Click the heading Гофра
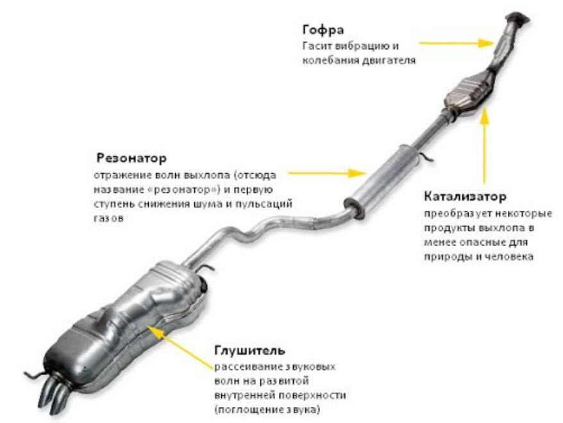tap(323, 30)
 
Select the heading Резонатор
tap(131, 158)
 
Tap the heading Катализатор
tap(466, 197)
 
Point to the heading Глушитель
tap(250, 350)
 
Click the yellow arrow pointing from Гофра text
tap(457, 43)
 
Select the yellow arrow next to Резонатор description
tap(327, 173)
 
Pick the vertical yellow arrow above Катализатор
tap(485, 145)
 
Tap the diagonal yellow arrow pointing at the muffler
tap(180, 346)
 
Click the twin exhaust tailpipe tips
tap(55, 394)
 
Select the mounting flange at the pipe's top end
tap(517, 19)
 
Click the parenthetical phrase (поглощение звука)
tap(267, 410)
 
